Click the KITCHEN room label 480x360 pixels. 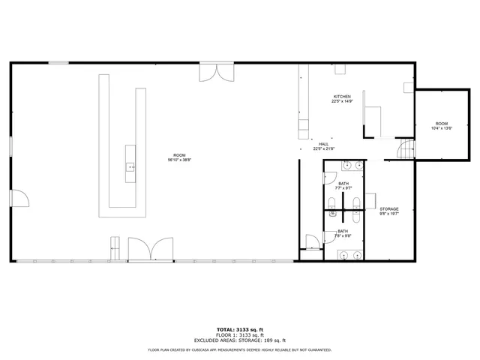(342, 97)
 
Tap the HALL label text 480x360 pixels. (324, 144)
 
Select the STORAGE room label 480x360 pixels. (388, 208)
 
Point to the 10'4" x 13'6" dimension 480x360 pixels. (441, 128)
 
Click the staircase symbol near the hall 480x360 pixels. (405, 150)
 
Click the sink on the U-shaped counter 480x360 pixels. (130, 167)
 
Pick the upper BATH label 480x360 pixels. (343, 184)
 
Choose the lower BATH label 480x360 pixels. (342, 231)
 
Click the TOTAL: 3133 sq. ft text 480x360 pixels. (240, 329)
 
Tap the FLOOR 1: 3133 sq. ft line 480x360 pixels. (240, 334)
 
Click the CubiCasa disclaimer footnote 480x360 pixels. (240, 349)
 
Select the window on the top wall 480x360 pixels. (58, 63)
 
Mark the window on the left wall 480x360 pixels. (10, 147)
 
